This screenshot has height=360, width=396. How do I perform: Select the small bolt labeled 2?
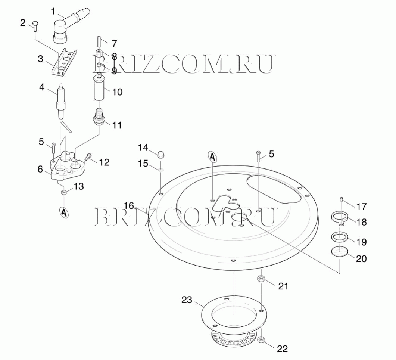[35, 25]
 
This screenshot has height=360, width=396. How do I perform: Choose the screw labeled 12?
[88, 157]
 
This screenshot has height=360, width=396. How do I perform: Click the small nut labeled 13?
[64, 192]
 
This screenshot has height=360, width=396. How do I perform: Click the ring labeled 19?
[340, 237]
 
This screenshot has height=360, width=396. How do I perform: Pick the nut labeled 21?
[261, 279]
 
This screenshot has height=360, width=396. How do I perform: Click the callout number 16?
[129, 205]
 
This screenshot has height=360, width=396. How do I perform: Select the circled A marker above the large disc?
[212, 157]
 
